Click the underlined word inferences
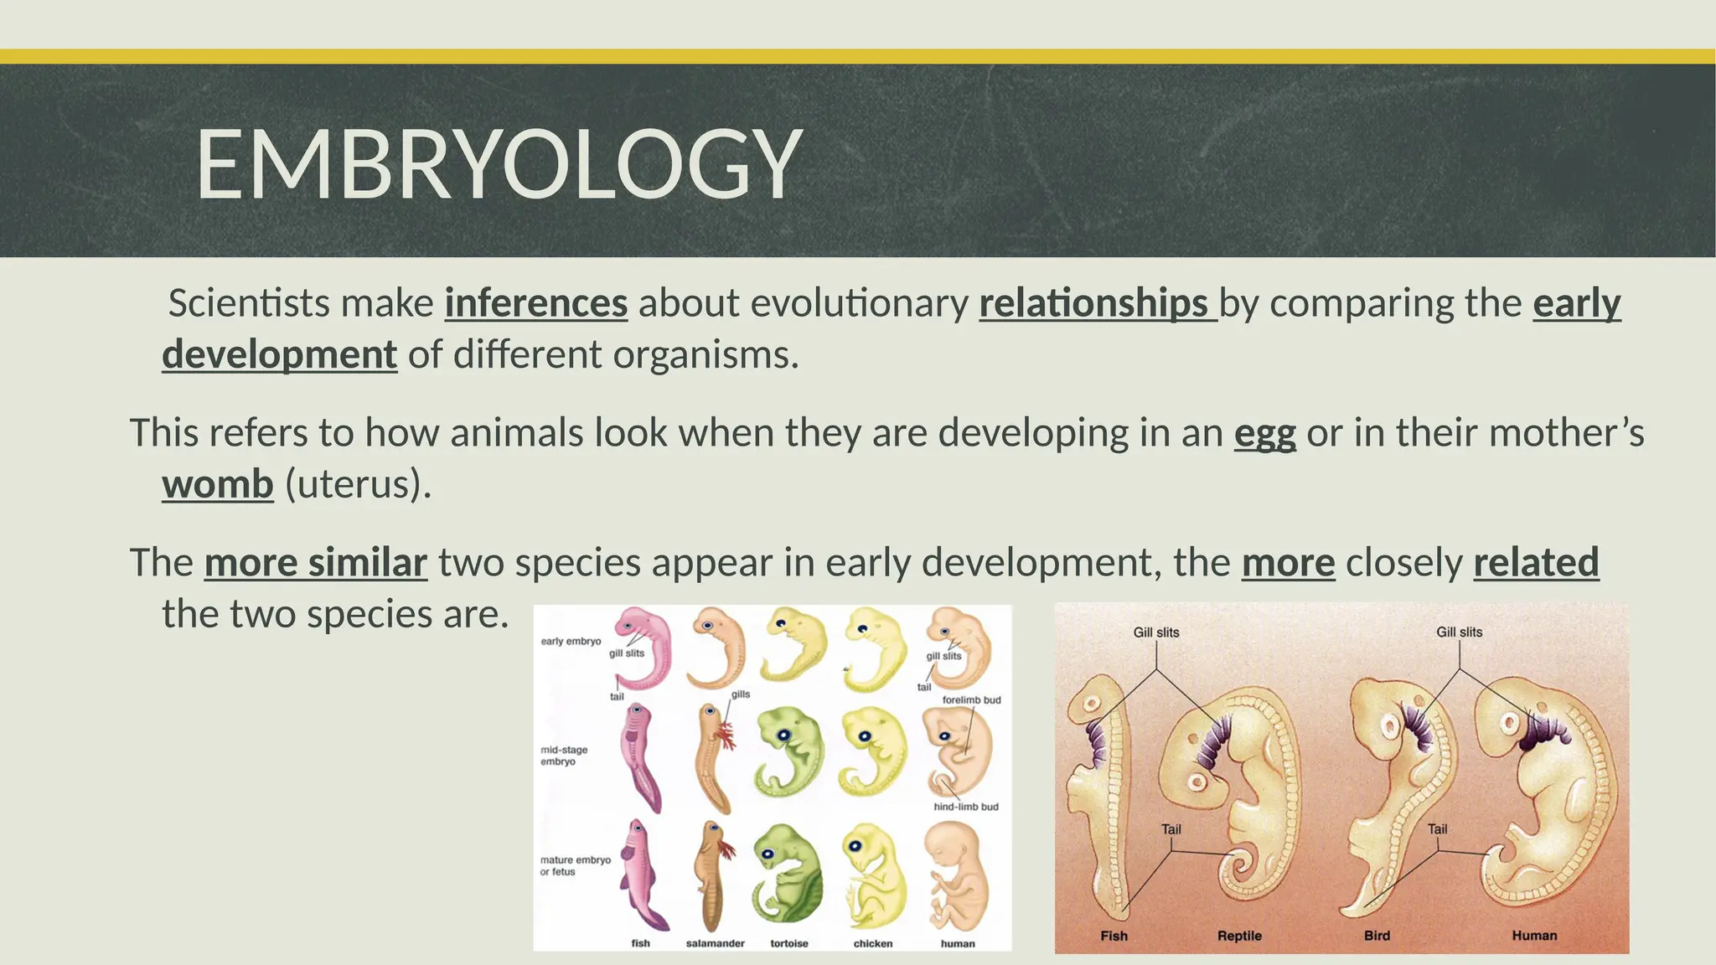click(535, 303)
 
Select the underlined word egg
click(1264, 433)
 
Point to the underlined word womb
click(218, 484)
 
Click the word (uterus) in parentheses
click(358, 484)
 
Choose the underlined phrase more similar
click(316, 562)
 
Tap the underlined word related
click(1536, 562)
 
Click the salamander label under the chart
click(715, 943)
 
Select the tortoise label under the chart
click(788, 943)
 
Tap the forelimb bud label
click(971, 699)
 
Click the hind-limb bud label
click(965, 807)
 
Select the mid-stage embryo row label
click(564, 756)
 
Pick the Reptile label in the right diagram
click(1239, 936)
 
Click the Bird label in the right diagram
click(1377, 936)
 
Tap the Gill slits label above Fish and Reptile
click(1155, 632)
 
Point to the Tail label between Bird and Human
click(1437, 829)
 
